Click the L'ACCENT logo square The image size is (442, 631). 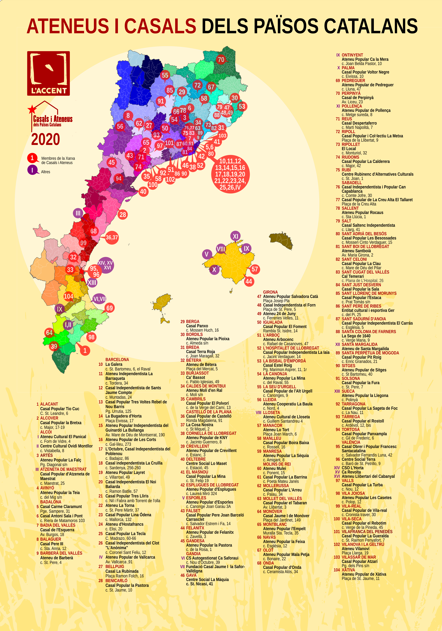point(48,73)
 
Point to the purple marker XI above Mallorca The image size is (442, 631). point(235,236)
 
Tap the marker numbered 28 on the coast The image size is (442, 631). point(123,215)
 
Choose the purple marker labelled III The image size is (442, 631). point(78,213)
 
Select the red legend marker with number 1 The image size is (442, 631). point(32,158)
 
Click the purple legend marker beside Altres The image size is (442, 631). point(32,170)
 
